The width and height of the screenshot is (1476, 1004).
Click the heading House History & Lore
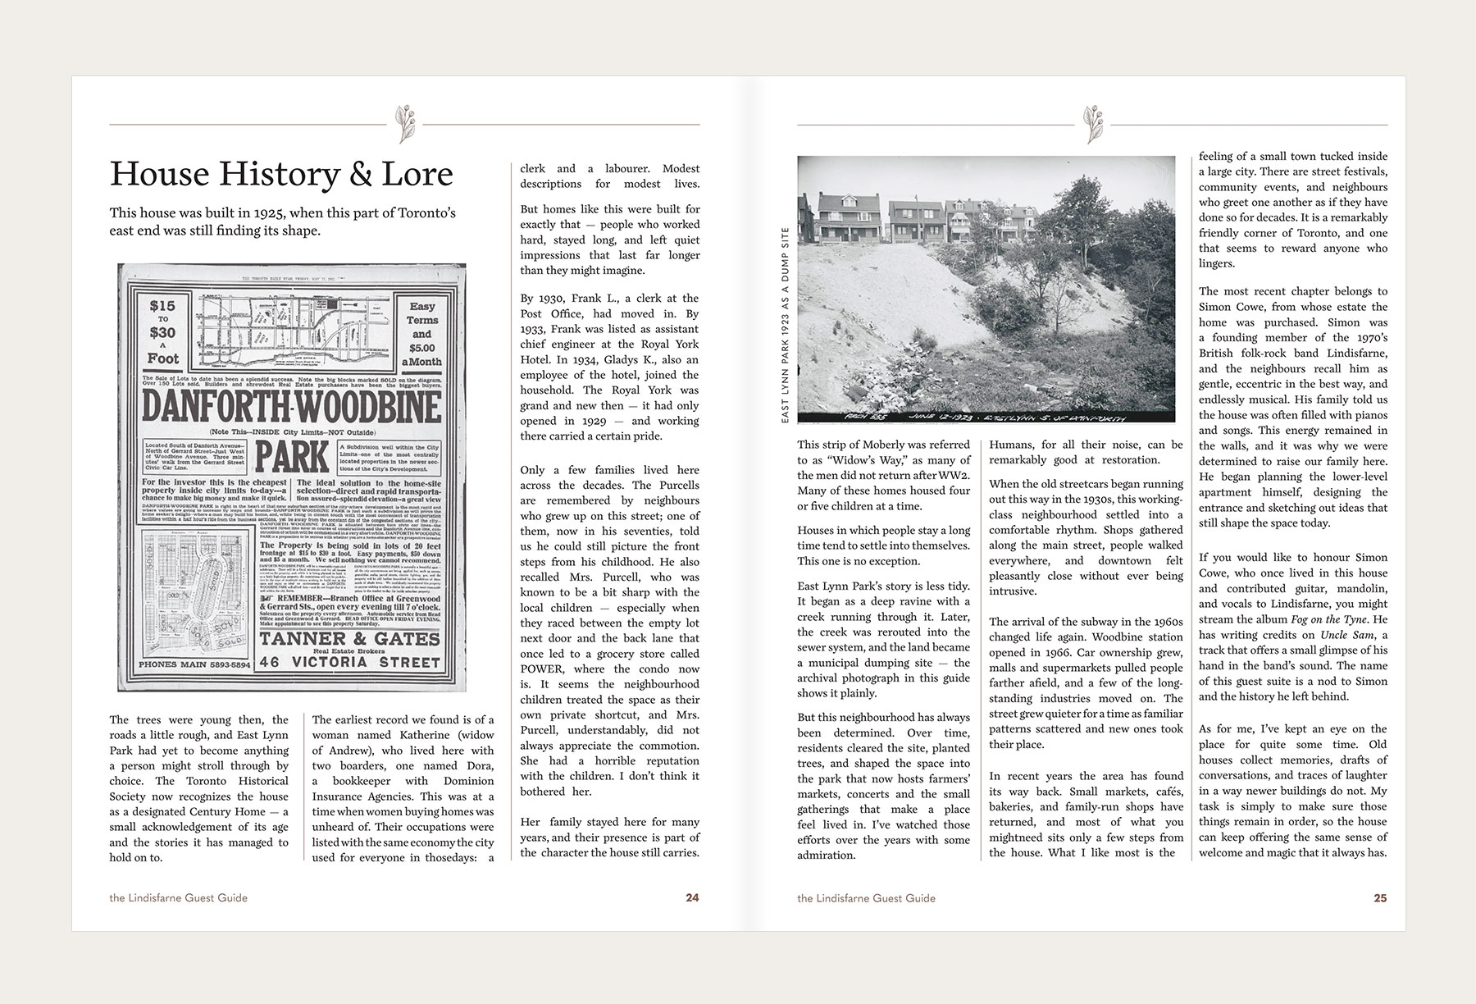point(281,174)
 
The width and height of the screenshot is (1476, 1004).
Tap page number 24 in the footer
point(692,897)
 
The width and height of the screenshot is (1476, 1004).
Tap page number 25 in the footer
point(1380,897)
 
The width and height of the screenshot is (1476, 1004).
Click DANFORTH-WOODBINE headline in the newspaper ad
point(291,406)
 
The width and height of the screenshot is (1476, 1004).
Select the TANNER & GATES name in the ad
point(350,638)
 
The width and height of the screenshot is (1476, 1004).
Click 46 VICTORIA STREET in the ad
point(350,662)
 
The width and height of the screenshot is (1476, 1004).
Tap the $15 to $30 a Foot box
point(162,331)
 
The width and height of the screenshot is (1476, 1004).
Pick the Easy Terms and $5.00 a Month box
point(422,331)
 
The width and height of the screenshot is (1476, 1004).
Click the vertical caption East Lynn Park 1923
point(786,325)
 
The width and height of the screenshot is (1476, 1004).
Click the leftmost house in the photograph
point(823,214)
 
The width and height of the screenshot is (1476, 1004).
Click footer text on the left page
point(178,897)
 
